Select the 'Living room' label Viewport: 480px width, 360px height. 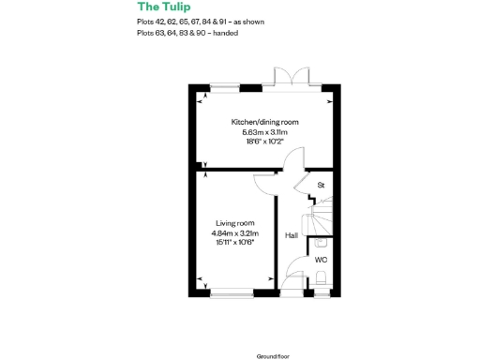coord(233,222)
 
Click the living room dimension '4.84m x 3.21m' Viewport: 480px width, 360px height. coord(234,232)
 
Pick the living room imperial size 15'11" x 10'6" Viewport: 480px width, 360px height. coord(234,242)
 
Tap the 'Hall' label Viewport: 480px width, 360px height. coord(292,235)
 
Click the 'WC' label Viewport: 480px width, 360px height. coord(321,260)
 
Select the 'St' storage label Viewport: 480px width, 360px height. coord(321,186)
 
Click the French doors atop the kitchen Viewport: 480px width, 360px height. coord(284,76)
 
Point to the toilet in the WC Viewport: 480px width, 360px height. coord(322,278)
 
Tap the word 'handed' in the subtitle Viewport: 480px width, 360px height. coord(225,33)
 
